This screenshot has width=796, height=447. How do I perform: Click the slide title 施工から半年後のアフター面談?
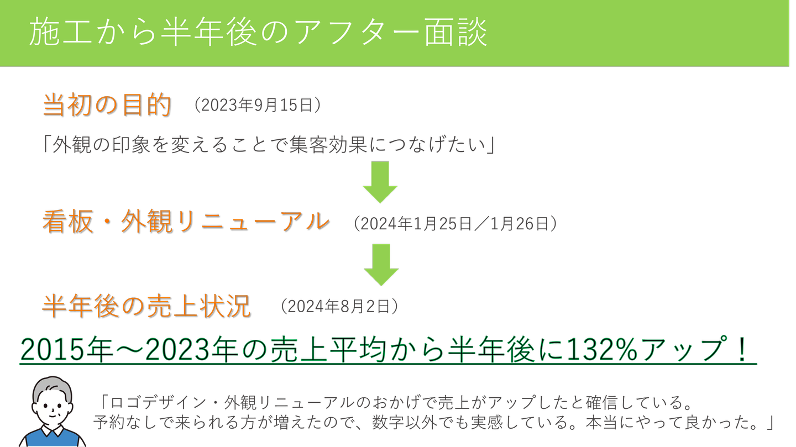pyautogui.click(x=258, y=33)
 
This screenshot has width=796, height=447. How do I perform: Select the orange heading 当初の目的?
pyautogui.click(x=107, y=104)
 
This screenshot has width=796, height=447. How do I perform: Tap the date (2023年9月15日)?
pyautogui.click(x=258, y=105)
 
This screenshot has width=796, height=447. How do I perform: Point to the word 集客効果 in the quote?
pyautogui.click(x=328, y=145)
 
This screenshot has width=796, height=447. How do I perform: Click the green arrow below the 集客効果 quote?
pyautogui.click(x=380, y=182)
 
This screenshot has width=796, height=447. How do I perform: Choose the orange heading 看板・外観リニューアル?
pyautogui.click(x=186, y=222)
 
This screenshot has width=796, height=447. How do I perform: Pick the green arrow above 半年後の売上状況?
pyautogui.click(x=381, y=265)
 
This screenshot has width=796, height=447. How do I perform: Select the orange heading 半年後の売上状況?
pyautogui.click(x=147, y=306)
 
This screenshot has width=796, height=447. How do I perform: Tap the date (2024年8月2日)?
pyautogui.click(x=339, y=306)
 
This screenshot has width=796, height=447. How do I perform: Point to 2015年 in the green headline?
pyautogui.click(x=66, y=350)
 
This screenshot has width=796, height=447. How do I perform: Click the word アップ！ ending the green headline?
pyautogui.click(x=697, y=350)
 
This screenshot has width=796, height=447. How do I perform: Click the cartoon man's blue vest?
pyautogui.click(x=52, y=439)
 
